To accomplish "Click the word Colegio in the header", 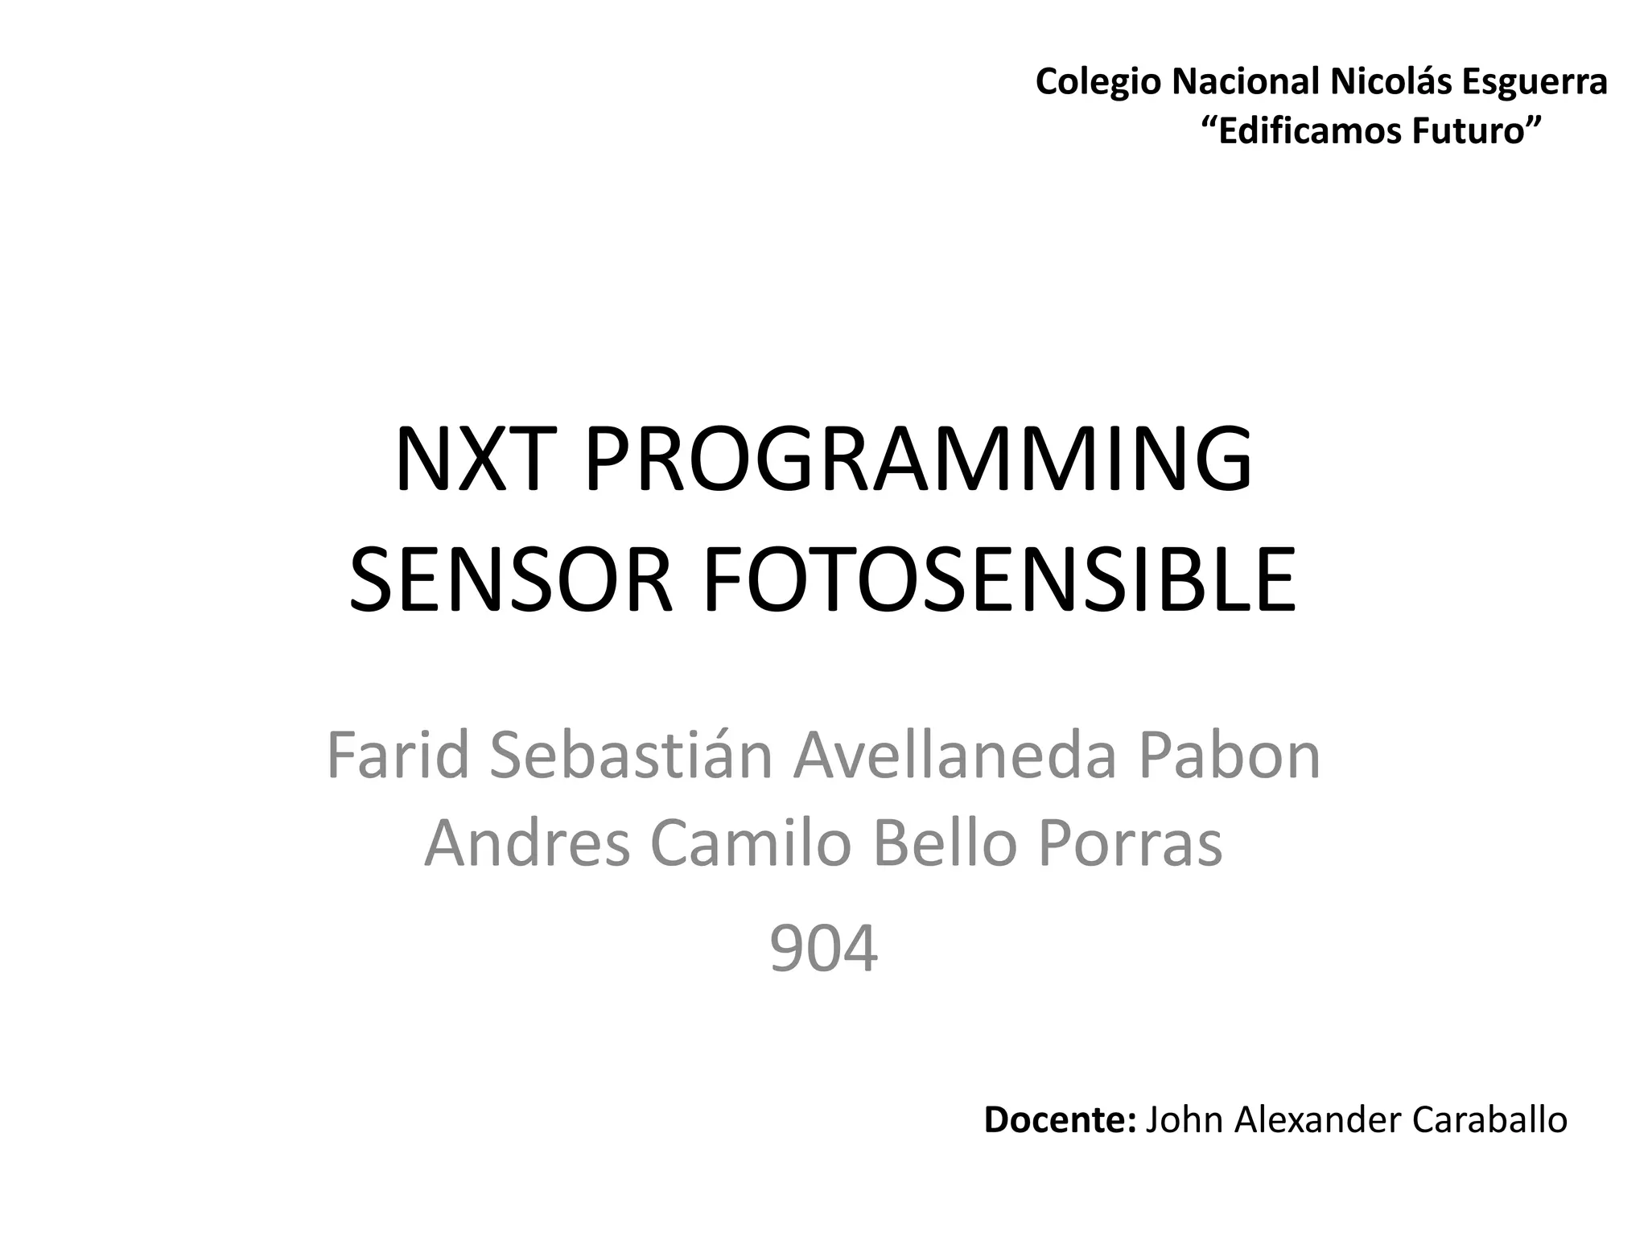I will pyautogui.click(x=1098, y=82).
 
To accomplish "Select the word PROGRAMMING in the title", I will pyautogui.click(x=917, y=459).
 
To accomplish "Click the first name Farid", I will pyautogui.click(x=398, y=756).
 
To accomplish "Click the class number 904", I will pyautogui.click(x=823, y=950).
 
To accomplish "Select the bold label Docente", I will pyautogui.click(x=1059, y=1120).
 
